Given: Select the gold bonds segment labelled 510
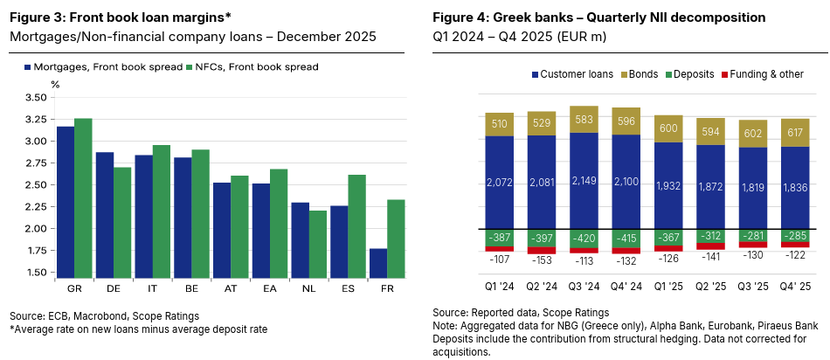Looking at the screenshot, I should point(501,124).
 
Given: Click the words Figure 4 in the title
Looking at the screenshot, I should point(462,17).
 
